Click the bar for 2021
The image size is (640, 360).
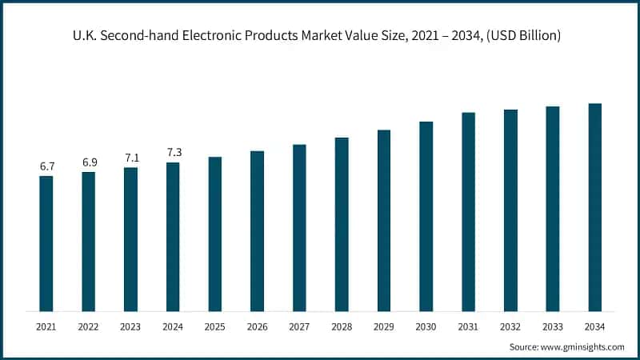(46, 243)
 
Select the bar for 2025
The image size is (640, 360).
(215, 234)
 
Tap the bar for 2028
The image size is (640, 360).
(342, 224)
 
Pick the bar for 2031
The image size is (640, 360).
(468, 212)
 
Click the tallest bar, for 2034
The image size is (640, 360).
(594, 207)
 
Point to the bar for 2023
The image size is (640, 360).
(130, 239)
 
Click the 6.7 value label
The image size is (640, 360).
(46, 166)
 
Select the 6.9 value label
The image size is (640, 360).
(89, 162)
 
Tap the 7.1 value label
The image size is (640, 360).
(130, 158)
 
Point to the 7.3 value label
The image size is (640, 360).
(173, 153)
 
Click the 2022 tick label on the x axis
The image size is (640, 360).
(89, 326)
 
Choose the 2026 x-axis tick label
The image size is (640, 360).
(257, 326)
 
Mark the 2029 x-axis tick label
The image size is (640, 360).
(384, 326)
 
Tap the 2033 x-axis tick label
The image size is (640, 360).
(552, 326)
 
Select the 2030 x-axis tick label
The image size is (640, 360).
(426, 326)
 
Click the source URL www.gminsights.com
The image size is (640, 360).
(585, 346)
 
